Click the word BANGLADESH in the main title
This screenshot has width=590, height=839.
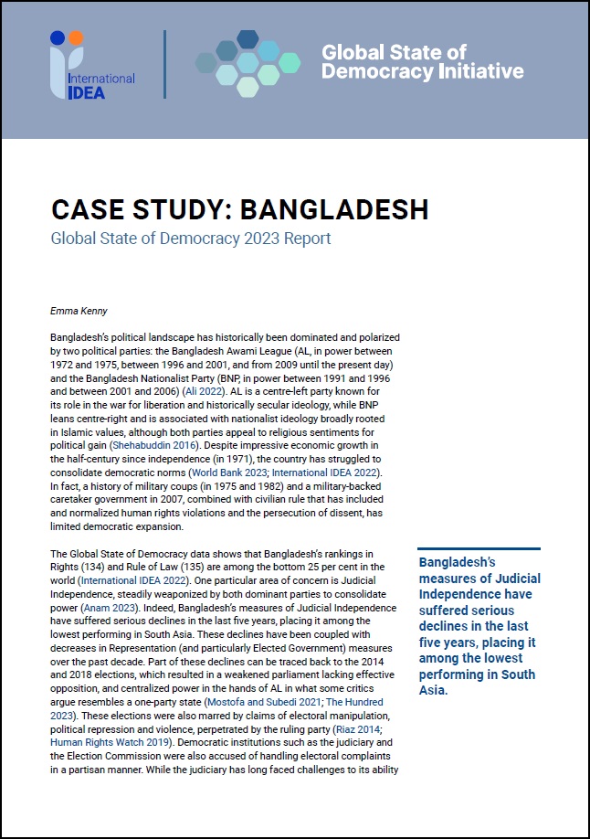pyautogui.click(x=333, y=209)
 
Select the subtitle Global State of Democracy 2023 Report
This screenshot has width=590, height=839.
pyautogui.click(x=191, y=239)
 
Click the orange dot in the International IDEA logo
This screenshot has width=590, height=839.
pyautogui.click(x=75, y=38)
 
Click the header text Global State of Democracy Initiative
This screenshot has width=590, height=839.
pyautogui.click(x=422, y=62)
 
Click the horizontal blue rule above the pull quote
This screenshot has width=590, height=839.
pyautogui.click(x=479, y=549)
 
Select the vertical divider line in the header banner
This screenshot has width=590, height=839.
pyautogui.click(x=164, y=64)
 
